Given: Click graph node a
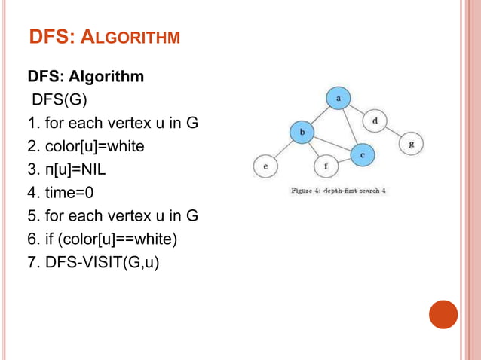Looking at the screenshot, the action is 339,98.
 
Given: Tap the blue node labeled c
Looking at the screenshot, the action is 362,154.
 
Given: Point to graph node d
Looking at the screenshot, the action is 375,121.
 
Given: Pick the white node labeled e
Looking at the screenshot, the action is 265,166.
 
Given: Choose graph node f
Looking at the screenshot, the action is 326,166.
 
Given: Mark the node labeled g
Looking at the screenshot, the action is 410,142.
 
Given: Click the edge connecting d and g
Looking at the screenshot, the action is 393,132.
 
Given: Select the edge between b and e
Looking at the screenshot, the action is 283,149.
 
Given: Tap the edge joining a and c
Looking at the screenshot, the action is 350,126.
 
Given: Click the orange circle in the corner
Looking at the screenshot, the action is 443,314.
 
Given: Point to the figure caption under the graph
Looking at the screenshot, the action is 339,191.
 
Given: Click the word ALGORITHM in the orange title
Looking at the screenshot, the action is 135,36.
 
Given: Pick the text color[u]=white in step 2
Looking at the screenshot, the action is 94,146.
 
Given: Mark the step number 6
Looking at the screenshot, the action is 32,239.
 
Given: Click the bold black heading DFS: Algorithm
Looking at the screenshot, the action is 86,77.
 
